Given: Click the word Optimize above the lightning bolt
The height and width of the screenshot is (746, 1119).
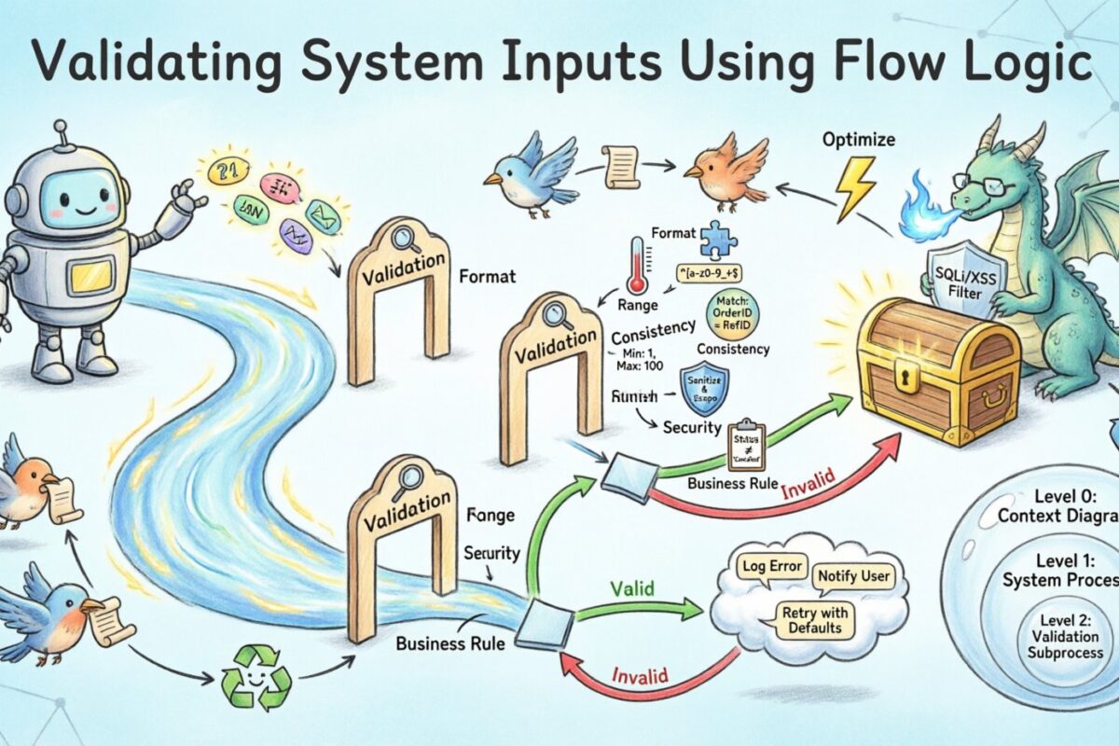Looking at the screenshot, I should coord(857,140).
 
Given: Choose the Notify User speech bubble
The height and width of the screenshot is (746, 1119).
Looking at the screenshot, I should coord(853,577).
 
